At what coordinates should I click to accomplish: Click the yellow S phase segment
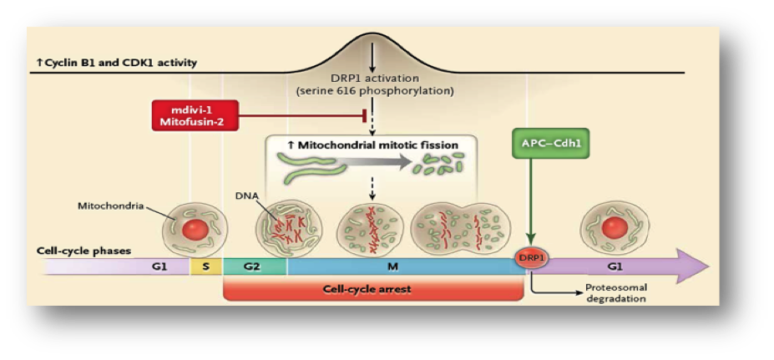click(x=206, y=266)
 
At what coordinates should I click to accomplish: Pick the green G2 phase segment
click(x=255, y=266)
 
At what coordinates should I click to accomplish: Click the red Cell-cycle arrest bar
click(x=372, y=290)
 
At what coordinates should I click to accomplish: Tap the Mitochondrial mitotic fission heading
click(x=372, y=145)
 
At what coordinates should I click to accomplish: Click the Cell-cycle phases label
click(x=84, y=250)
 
